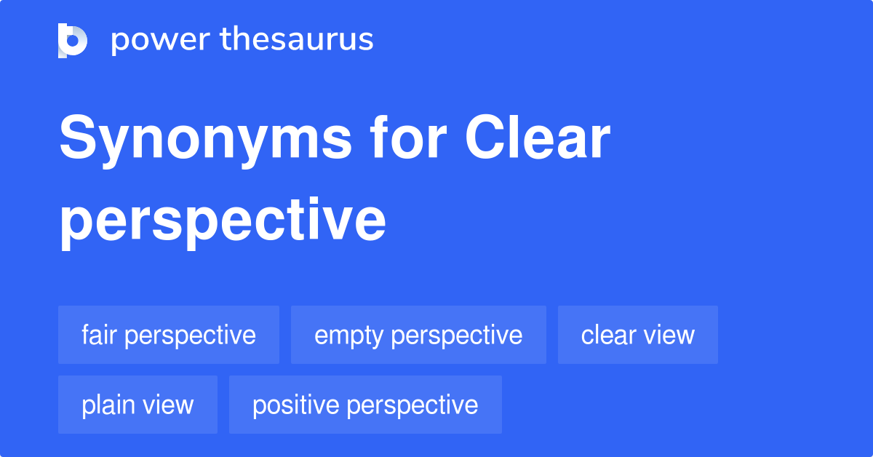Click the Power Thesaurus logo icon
point(73,40)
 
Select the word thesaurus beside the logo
point(298,40)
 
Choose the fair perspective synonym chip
point(169,335)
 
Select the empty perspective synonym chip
point(418,335)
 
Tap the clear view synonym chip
point(638,335)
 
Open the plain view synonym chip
point(137,405)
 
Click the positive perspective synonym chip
point(365,405)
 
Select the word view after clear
point(667,335)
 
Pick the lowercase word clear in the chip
point(607,335)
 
